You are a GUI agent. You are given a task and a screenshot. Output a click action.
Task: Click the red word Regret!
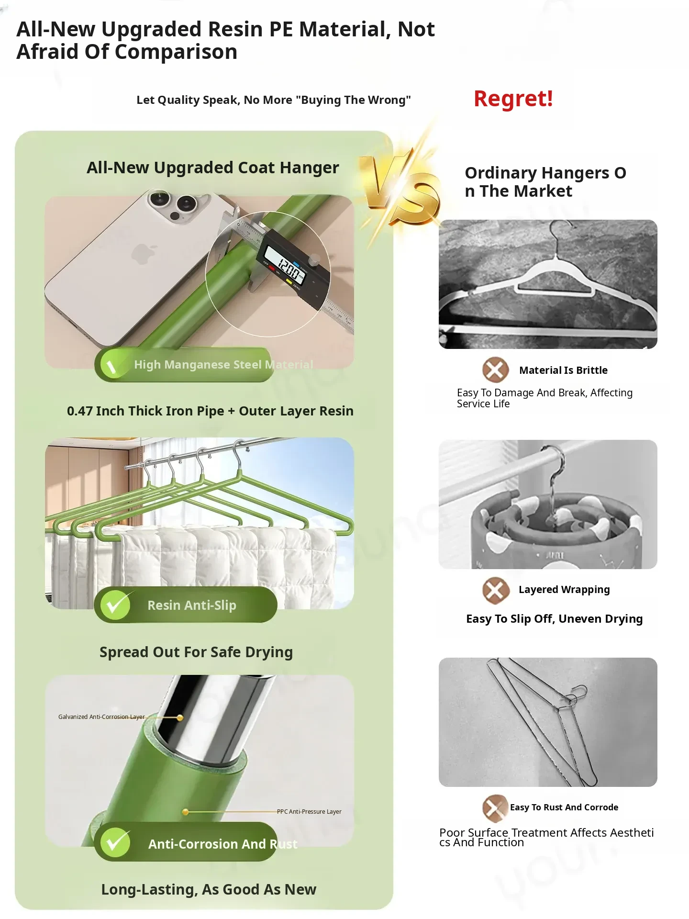point(513,99)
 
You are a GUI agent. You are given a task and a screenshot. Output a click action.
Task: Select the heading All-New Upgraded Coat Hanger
point(213,168)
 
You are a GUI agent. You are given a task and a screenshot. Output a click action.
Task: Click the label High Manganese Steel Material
point(223,365)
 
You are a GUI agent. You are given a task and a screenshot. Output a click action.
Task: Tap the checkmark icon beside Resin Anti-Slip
point(115,605)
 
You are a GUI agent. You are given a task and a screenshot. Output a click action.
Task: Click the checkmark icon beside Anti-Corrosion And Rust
point(115,842)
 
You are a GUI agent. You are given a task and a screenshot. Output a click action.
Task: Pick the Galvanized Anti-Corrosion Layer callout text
point(101,717)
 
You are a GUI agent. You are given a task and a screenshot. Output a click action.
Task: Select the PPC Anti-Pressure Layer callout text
point(309,812)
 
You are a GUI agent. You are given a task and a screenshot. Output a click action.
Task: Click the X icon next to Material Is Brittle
point(495,370)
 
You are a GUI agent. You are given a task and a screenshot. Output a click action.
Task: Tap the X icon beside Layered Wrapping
point(495,591)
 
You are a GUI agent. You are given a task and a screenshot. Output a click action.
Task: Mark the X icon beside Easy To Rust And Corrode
point(495,808)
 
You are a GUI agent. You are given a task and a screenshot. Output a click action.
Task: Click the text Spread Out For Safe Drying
point(196,652)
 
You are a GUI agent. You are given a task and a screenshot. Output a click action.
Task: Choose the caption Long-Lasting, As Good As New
point(209,890)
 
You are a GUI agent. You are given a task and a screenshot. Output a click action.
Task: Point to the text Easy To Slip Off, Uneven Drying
point(555,619)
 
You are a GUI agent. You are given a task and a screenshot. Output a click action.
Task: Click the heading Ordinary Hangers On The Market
point(545,182)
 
